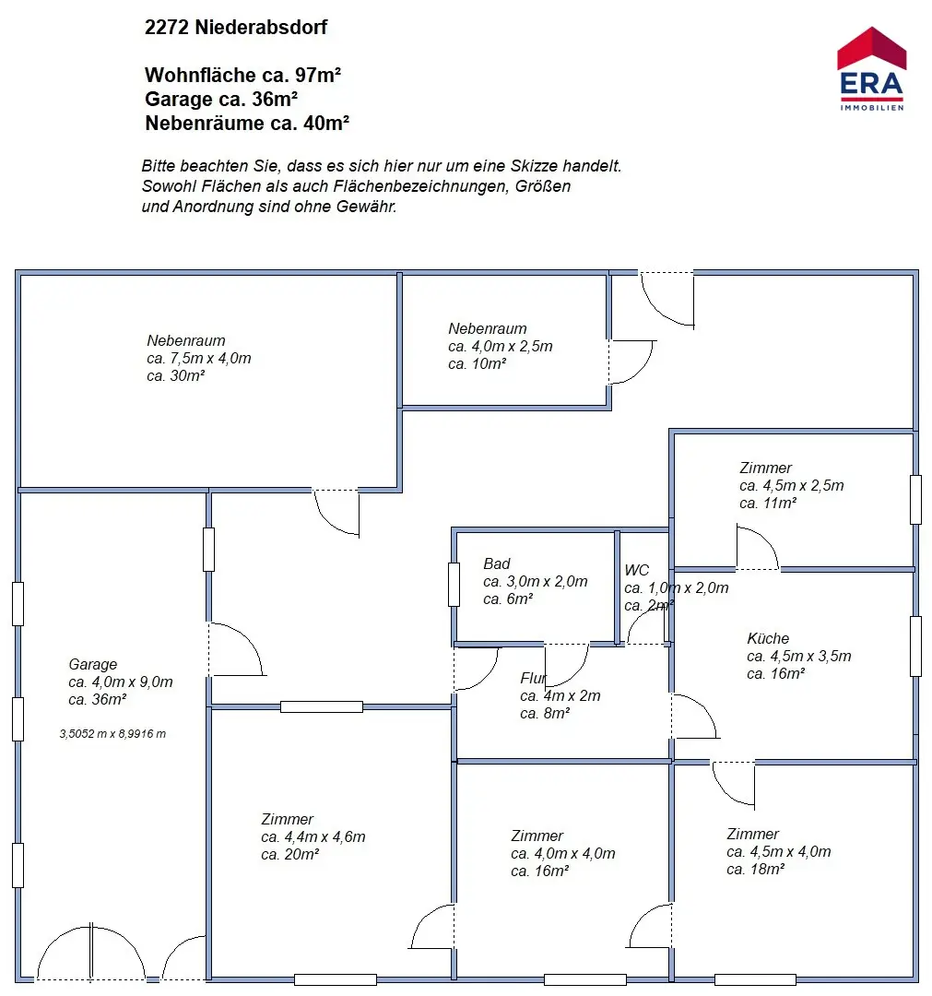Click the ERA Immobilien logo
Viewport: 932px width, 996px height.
pyautogui.click(x=870, y=69)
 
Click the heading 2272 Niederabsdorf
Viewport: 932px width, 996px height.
pyautogui.click(x=236, y=28)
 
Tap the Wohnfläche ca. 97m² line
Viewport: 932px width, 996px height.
pyautogui.click(x=243, y=75)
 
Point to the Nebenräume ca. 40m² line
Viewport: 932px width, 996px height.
pyautogui.click(x=247, y=123)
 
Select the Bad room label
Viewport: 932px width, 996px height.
pyautogui.click(x=496, y=563)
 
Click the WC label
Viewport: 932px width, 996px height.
pyautogui.click(x=636, y=570)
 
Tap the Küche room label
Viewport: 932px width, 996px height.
pyautogui.click(x=767, y=638)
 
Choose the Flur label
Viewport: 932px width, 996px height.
pyautogui.click(x=533, y=679)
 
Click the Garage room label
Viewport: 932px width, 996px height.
pyautogui.click(x=93, y=664)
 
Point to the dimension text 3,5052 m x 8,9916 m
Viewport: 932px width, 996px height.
pyautogui.click(x=112, y=734)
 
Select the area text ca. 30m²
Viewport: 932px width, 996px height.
pyautogui.click(x=175, y=376)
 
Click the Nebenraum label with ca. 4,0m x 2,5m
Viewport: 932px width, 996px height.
pyautogui.click(x=488, y=328)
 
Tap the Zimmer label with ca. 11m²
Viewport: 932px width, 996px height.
pyautogui.click(x=765, y=468)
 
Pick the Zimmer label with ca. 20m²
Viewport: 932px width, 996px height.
pyautogui.click(x=287, y=819)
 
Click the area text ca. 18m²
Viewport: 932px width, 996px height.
pyautogui.click(x=755, y=869)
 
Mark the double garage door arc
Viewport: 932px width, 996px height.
pyautogui.click(x=91, y=950)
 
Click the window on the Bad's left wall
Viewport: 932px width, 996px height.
pyautogui.click(x=454, y=584)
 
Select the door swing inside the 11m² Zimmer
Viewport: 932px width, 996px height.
pyautogui.click(x=757, y=548)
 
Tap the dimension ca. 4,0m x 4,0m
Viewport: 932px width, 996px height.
pyautogui.click(x=562, y=854)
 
